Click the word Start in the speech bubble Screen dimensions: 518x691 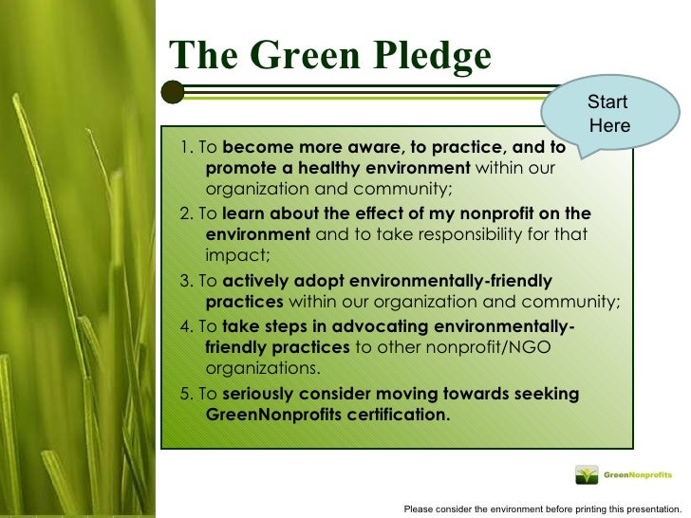tap(607, 102)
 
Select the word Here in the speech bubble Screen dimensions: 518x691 tap(608, 125)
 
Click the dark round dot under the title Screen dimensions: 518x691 tap(173, 92)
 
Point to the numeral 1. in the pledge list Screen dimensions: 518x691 tap(186, 148)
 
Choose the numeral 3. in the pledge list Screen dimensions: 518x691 tap(186, 282)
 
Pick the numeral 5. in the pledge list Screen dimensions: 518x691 tap(186, 394)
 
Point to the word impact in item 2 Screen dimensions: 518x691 tap(236, 254)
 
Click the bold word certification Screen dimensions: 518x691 tap(390, 415)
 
